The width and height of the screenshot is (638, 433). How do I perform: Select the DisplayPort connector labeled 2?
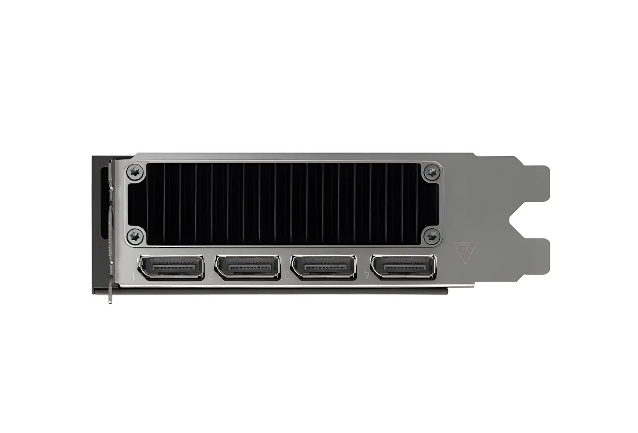(248, 267)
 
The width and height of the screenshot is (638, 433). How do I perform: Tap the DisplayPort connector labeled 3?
(324, 267)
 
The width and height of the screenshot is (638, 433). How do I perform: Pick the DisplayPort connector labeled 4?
(403, 267)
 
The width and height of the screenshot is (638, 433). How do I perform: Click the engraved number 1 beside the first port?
(134, 275)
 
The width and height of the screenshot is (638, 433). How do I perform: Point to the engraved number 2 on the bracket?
(210, 275)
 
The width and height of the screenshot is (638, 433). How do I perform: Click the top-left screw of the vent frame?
(135, 172)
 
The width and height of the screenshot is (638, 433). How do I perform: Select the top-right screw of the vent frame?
(431, 172)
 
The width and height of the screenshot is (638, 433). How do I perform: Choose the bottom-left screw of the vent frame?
(135, 236)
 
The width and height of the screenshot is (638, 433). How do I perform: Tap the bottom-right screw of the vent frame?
(431, 236)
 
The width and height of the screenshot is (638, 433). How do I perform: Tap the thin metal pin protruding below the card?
(110, 294)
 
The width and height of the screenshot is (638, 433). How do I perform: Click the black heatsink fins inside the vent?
(283, 204)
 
